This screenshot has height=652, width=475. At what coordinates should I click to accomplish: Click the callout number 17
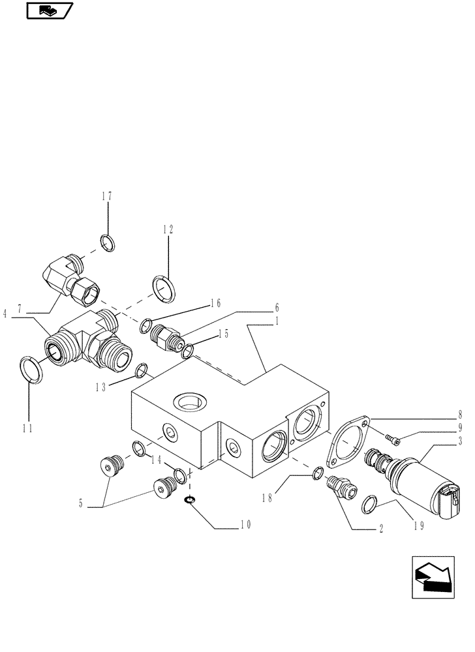106,196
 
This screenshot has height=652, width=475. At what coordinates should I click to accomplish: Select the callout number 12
168,229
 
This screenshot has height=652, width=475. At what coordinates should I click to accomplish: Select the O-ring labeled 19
369,503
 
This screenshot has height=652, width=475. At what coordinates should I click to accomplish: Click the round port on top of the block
190,402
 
